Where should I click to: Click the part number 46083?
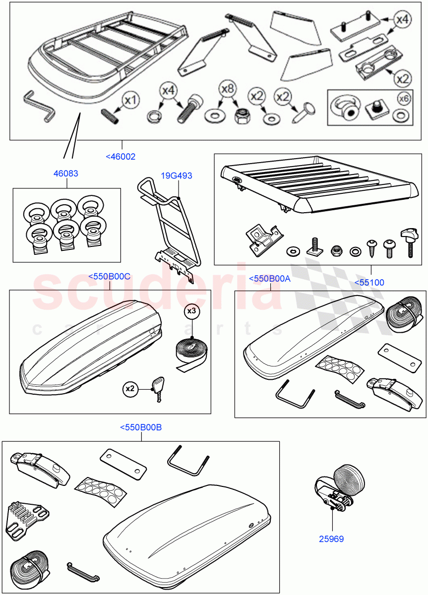click(66, 174)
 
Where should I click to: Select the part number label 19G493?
click(176, 176)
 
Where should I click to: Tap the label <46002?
click(121, 157)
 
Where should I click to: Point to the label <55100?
click(369, 283)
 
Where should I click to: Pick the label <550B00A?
click(269, 279)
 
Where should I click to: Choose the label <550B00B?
click(141, 427)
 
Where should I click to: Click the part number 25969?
click(332, 538)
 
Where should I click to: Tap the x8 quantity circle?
click(227, 90)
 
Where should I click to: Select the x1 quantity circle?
click(130, 101)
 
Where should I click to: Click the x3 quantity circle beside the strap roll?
click(191, 311)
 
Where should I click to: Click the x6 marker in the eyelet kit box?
click(404, 99)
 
